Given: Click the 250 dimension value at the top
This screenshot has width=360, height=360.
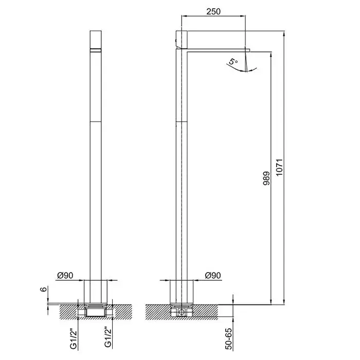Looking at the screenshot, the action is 213,11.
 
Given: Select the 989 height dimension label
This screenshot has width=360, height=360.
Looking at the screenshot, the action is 266,178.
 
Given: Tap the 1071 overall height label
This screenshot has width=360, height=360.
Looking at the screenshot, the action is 279,167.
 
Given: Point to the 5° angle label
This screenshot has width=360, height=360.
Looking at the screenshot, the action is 233,62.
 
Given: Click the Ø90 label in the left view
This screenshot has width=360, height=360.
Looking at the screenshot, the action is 65,275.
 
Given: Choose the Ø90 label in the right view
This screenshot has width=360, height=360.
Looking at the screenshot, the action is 213,275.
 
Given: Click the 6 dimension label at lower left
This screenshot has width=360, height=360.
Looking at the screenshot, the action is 44,289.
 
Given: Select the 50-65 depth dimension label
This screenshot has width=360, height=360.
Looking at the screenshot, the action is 229,339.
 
